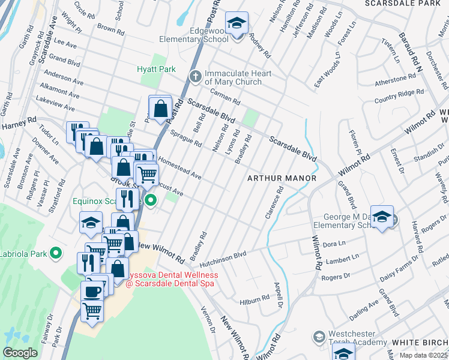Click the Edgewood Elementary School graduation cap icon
[237, 24]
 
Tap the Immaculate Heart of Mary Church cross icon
[194, 76]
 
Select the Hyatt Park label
[156, 69]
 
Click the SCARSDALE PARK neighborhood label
[406, 4]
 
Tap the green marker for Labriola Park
[56, 253]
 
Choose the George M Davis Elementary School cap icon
[381, 217]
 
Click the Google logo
[20, 353]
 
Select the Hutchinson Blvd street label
[223, 259]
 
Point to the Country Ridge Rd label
[399, 94]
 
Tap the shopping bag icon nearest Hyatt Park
[160, 109]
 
